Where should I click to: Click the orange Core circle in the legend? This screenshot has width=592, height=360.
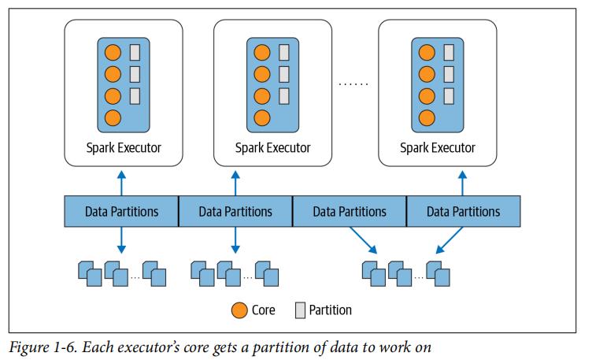tap(239, 310)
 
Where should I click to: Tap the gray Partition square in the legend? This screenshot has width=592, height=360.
tap(300, 310)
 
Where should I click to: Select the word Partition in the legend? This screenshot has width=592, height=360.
tap(331, 310)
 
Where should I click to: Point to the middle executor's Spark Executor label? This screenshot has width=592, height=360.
tap(273, 147)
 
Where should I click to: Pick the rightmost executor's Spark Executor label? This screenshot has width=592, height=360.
tap(438, 147)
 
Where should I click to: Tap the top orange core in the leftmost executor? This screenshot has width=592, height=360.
tap(113, 53)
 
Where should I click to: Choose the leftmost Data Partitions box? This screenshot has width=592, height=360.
tap(122, 211)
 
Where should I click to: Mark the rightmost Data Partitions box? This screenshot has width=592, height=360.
tap(463, 211)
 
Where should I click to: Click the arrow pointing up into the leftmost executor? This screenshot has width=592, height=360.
tap(121, 180)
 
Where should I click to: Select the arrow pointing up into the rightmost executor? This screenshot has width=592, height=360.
tap(463, 180)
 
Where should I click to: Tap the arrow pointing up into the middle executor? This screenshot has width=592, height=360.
tap(235, 180)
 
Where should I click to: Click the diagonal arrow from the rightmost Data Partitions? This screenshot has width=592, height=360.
tap(449, 240)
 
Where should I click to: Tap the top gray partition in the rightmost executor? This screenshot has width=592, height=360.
tap(448, 53)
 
